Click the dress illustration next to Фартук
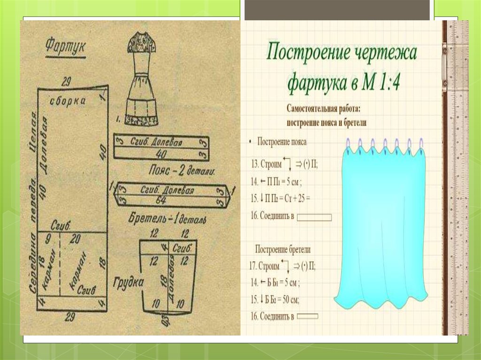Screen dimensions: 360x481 [141, 82]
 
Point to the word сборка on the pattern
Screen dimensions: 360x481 [69, 100]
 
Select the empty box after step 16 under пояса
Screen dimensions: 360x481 [315, 217]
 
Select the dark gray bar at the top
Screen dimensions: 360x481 [337, 9]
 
